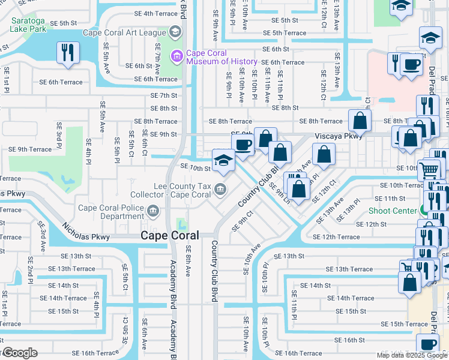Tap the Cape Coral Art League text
(x=124, y=33)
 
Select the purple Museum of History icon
(x=177, y=56)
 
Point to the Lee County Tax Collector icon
(x=220, y=190)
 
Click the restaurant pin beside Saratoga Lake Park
(x=68, y=52)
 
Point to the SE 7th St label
(x=164, y=95)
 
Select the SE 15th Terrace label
(x=403, y=324)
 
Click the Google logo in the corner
(x=19, y=353)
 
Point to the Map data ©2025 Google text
(x=411, y=355)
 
